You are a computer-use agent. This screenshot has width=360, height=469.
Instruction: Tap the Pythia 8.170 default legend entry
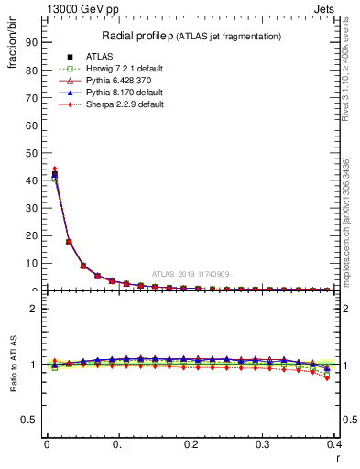coord(98,93)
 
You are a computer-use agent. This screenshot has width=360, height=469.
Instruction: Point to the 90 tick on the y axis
coord(29,42)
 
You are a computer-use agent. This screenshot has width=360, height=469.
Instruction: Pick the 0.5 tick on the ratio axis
coord(27,420)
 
